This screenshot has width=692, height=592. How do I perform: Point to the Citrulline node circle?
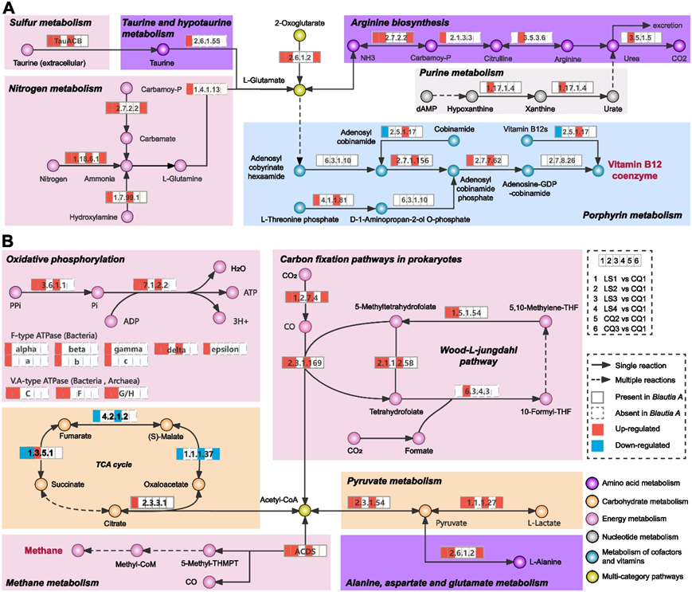(x=495, y=48)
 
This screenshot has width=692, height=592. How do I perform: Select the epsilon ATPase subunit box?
(x=225, y=349)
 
